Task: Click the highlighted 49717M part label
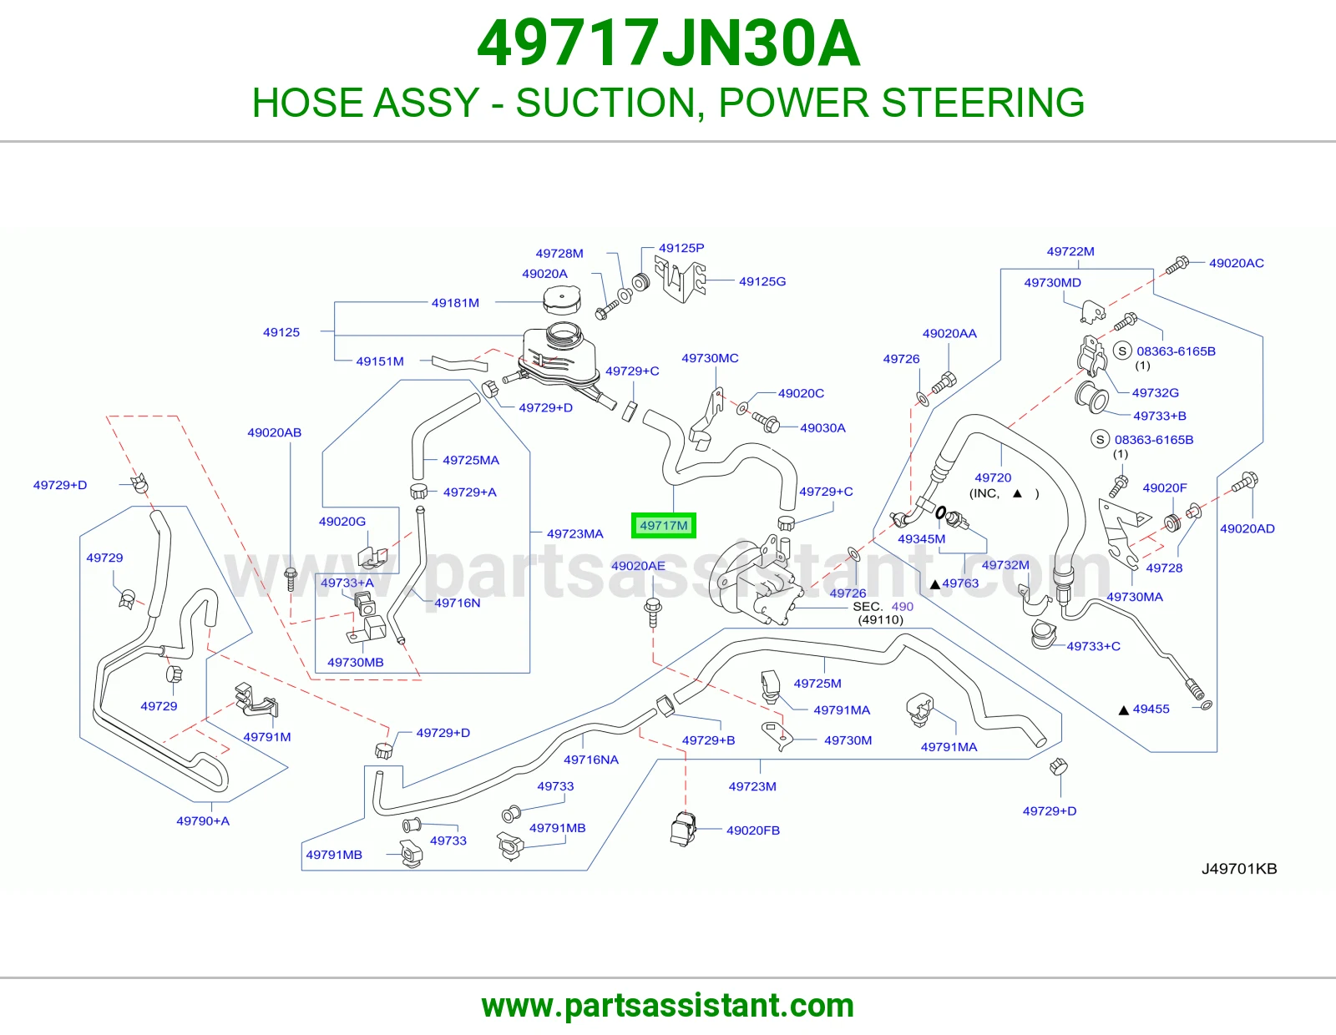pyautogui.click(x=663, y=526)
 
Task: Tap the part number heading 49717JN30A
pyautogui.click(x=668, y=43)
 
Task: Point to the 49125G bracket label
pyautogui.click(x=762, y=281)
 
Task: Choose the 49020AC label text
pyautogui.click(x=1237, y=263)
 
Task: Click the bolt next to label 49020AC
pyautogui.click(x=1177, y=265)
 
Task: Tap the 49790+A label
pyautogui.click(x=203, y=821)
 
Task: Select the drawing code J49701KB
pyautogui.click(x=1239, y=869)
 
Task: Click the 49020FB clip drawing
pyautogui.click(x=682, y=829)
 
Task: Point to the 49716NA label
pyautogui.click(x=591, y=760)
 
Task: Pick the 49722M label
pyautogui.click(x=1070, y=251)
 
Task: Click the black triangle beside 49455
pyautogui.click(x=1123, y=709)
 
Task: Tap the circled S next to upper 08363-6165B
pyautogui.click(x=1123, y=351)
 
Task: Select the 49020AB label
pyautogui.click(x=274, y=432)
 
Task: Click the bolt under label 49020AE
pyautogui.click(x=653, y=612)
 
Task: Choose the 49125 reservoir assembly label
pyautogui.click(x=281, y=332)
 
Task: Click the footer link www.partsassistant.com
pyautogui.click(x=668, y=1006)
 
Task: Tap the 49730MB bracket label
pyautogui.click(x=356, y=663)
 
